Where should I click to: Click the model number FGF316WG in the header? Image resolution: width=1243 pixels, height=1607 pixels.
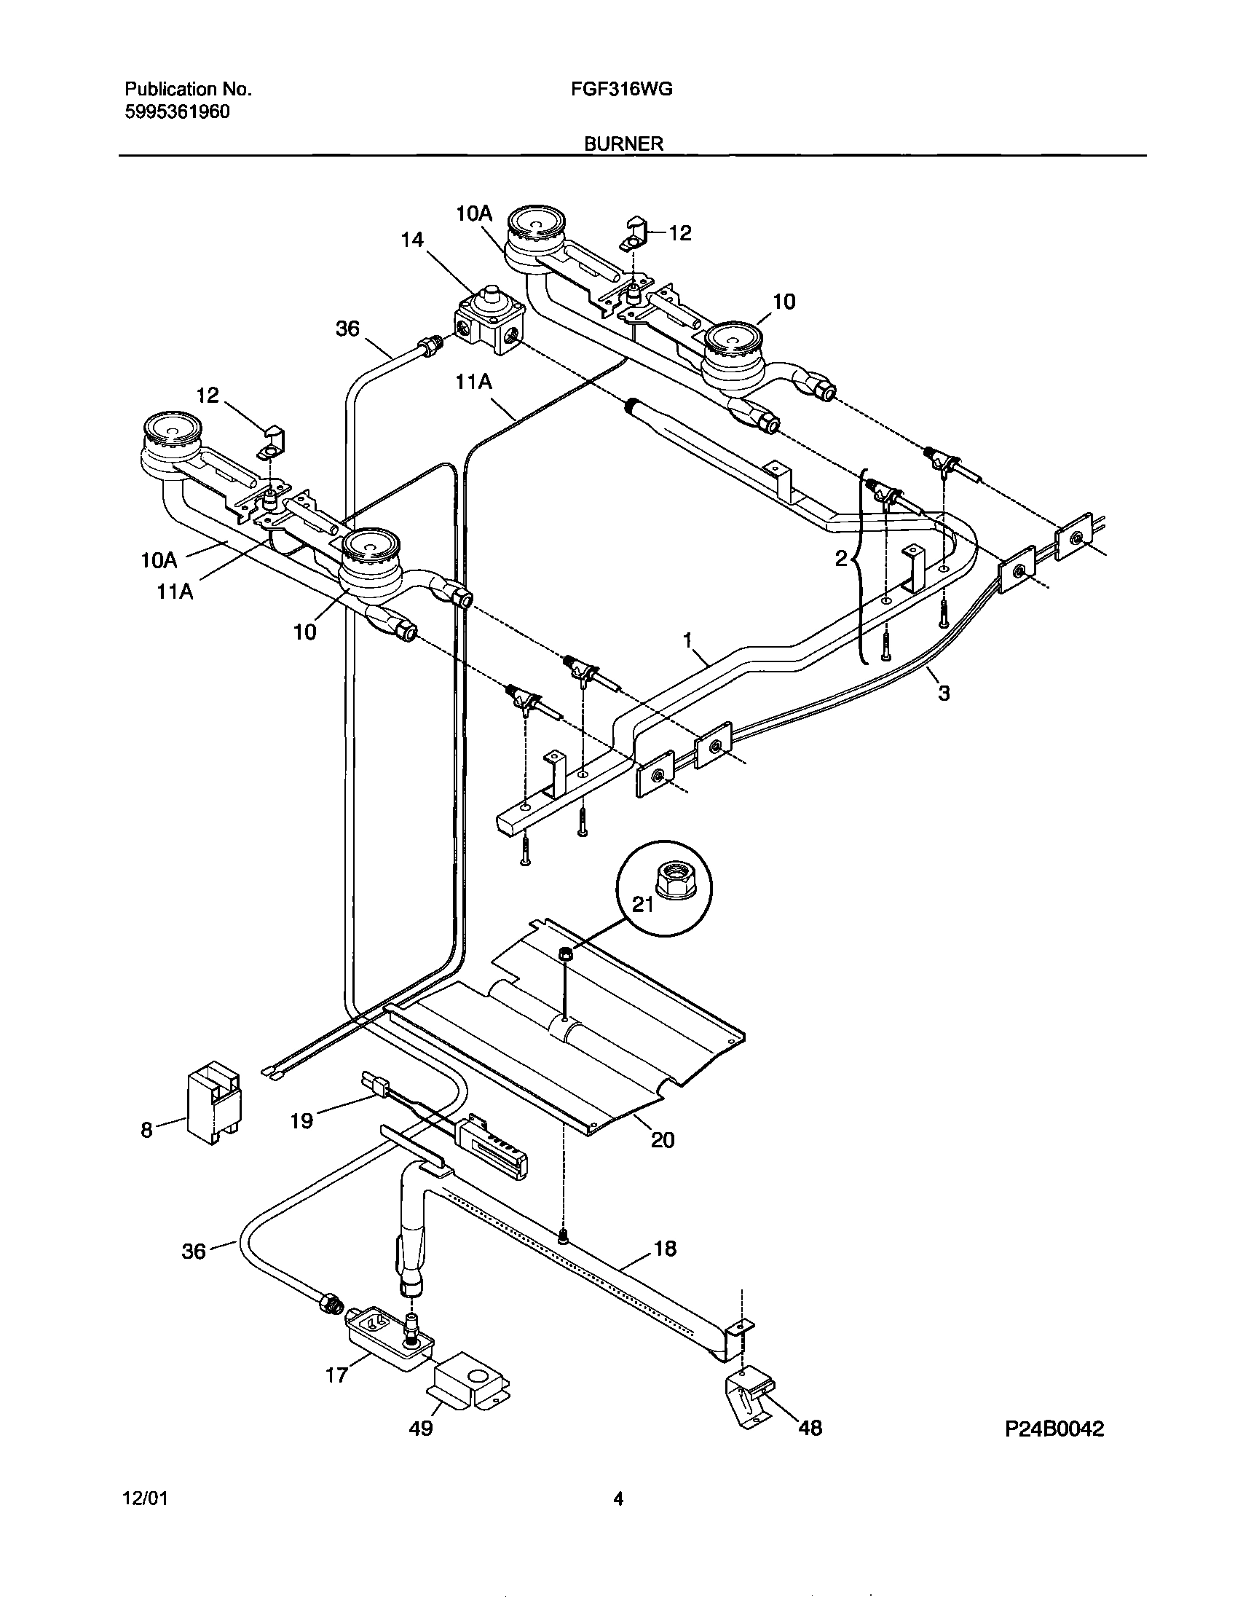(x=622, y=90)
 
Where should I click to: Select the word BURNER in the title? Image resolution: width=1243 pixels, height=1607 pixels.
(x=624, y=144)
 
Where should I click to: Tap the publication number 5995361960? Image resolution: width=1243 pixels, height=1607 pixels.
(x=176, y=112)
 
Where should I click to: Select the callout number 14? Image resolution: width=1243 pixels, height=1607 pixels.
(x=412, y=240)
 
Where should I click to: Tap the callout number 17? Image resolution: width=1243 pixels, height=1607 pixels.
(x=337, y=1375)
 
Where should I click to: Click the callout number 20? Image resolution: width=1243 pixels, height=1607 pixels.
(x=663, y=1140)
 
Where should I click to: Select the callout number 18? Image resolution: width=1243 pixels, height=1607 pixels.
(x=665, y=1249)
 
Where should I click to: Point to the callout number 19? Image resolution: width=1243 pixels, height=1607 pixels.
(x=301, y=1121)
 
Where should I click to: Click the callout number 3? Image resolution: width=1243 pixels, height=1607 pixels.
(x=944, y=692)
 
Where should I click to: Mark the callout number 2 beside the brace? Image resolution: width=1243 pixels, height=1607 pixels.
(x=842, y=559)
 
